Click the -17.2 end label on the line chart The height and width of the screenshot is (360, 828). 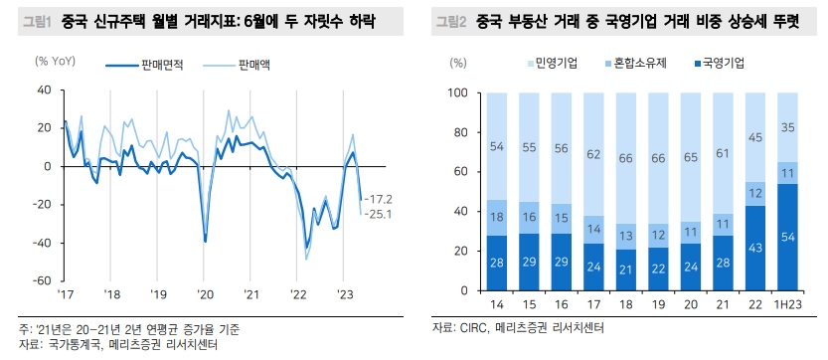380,199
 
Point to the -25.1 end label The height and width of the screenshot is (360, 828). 380,214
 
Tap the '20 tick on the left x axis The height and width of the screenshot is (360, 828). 206,294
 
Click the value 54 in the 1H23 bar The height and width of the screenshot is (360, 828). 786,238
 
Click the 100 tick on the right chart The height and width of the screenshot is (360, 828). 458,93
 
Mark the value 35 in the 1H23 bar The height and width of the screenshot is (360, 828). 786,127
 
